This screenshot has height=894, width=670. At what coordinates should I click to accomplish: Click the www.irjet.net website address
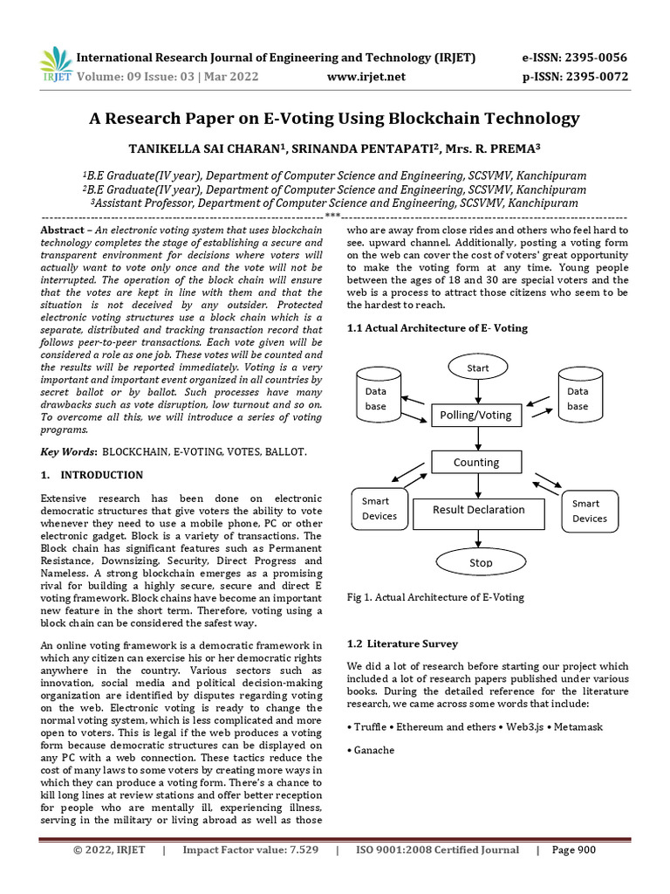(366, 77)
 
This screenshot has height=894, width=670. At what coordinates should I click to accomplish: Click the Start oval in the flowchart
(477, 368)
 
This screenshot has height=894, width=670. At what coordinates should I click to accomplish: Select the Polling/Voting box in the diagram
(476, 416)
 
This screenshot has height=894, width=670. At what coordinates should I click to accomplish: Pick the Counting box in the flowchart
(476, 462)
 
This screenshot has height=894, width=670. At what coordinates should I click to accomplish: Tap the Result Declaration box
(480, 510)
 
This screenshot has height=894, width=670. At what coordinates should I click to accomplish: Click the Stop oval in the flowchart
(481, 562)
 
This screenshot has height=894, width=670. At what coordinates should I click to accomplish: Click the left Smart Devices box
(379, 508)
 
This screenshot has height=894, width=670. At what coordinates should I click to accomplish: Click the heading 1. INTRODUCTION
(92, 475)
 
